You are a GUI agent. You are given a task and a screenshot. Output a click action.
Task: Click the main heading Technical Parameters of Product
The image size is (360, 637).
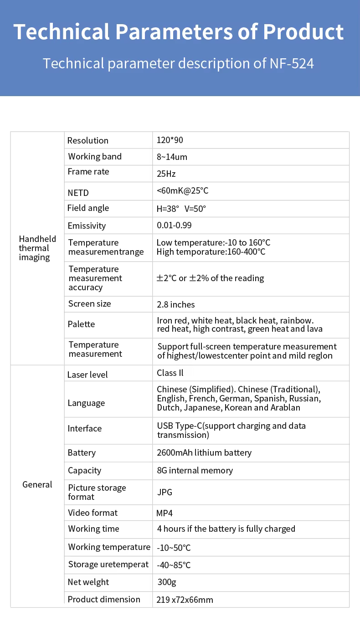(179, 32)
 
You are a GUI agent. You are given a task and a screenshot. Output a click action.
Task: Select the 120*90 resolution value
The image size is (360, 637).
(170, 140)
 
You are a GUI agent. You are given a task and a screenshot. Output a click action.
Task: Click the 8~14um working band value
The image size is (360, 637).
(172, 157)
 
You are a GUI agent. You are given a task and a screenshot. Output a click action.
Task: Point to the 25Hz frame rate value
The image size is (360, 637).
(166, 174)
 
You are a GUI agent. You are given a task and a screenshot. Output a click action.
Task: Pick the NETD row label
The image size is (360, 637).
(78, 193)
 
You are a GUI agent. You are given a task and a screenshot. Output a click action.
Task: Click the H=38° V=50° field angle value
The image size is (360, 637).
(181, 209)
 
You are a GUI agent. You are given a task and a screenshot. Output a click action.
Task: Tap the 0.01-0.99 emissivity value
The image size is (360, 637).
(174, 226)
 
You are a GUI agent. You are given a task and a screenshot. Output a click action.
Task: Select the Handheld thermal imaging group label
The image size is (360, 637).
(37, 248)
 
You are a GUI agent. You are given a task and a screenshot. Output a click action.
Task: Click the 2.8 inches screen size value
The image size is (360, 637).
(175, 304)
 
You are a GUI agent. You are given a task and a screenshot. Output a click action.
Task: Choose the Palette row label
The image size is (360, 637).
(81, 324)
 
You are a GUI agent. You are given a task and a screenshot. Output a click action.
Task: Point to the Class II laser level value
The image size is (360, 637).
(170, 373)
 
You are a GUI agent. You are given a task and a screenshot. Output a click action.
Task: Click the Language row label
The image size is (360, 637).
(86, 403)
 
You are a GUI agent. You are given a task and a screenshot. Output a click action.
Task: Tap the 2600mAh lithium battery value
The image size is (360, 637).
(204, 453)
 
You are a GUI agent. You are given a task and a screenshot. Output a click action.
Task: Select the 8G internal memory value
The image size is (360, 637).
(195, 471)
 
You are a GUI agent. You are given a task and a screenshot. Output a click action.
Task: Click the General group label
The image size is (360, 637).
(37, 485)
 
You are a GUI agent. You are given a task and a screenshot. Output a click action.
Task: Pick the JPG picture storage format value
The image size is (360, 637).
(165, 493)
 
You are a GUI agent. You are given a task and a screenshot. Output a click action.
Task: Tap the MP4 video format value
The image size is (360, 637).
(165, 513)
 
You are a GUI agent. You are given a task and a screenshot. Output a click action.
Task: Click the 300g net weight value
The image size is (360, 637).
(166, 582)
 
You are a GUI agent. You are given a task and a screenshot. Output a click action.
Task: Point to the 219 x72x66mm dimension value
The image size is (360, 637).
(185, 600)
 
